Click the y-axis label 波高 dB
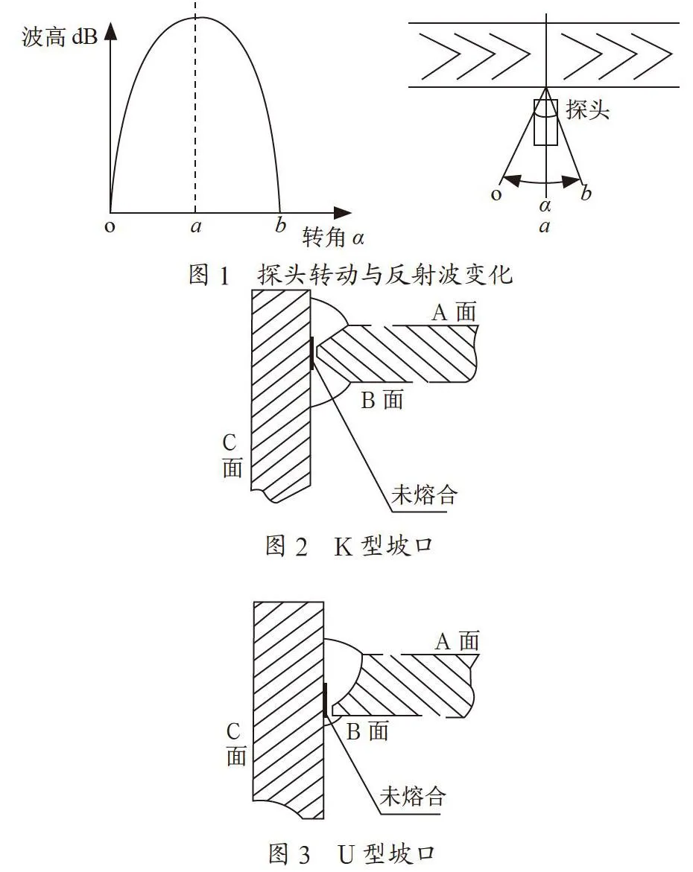click(x=60, y=36)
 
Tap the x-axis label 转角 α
click(x=333, y=238)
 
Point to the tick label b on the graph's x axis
click(x=280, y=224)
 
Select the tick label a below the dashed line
click(x=195, y=226)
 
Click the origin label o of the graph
click(x=110, y=226)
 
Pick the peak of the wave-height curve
click(x=200, y=18)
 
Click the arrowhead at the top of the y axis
click(x=111, y=31)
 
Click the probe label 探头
click(x=588, y=109)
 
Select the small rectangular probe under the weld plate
click(x=545, y=122)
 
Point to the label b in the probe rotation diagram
click(x=586, y=193)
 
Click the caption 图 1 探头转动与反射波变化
click(x=350, y=274)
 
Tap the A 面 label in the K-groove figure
click(x=455, y=312)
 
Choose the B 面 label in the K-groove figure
click(x=382, y=400)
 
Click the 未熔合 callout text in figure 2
click(x=424, y=494)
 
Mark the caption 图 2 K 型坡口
click(x=349, y=546)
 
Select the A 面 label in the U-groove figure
click(x=457, y=641)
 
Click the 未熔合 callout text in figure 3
click(x=413, y=796)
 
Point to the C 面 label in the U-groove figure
click(x=235, y=743)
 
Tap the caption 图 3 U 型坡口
click(x=352, y=853)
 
